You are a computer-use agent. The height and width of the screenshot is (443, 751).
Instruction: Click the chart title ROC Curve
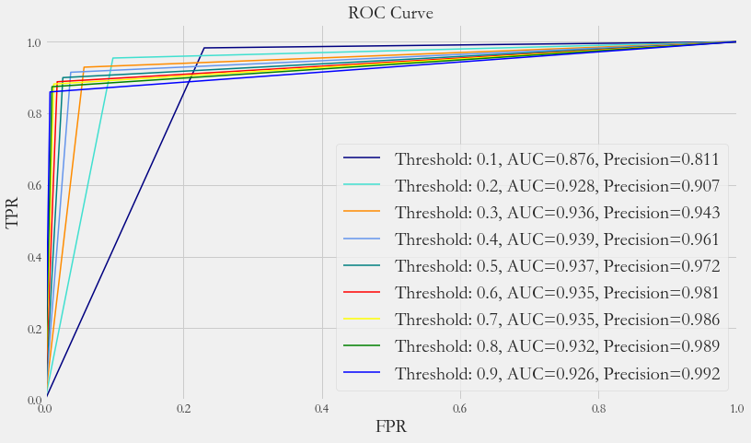[x=390, y=13]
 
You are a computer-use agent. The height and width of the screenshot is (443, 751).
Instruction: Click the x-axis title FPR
[x=390, y=427]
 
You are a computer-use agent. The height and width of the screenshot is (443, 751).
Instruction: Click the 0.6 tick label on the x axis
[x=460, y=408]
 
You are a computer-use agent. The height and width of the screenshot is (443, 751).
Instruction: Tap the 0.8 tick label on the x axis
[x=598, y=408]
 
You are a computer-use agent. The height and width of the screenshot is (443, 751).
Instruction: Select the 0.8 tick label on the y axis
[x=32, y=114]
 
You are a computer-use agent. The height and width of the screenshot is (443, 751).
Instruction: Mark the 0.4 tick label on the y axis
[x=32, y=258]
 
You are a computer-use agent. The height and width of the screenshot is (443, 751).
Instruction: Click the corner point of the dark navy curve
[x=203, y=48]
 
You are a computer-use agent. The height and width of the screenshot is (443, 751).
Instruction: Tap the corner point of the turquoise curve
[x=113, y=58]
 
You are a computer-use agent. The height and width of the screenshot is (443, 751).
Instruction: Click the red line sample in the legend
[x=361, y=294]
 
